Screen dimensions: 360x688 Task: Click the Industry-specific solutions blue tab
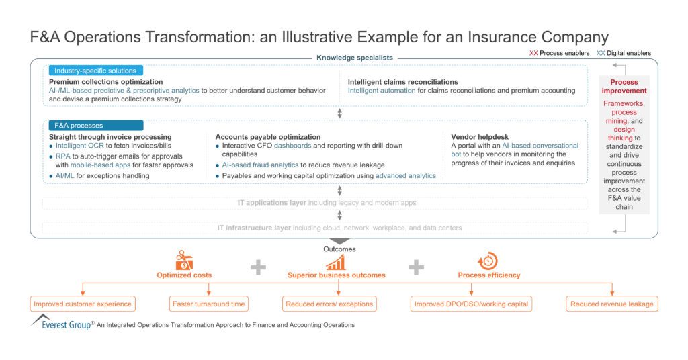pyautogui.click(x=95, y=71)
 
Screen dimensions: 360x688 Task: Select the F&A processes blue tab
pyautogui.click(x=95, y=125)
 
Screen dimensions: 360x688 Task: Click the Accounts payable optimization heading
pyautogui.click(x=267, y=137)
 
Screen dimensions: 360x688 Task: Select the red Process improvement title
pyautogui.click(x=624, y=87)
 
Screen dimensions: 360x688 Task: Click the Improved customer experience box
pyautogui.click(x=83, y=304)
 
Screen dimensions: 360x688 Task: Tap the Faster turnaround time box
pyautogui.click(x=210, y=304)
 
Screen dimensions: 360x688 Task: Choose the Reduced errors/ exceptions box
pyautogui.click(x=330, y=304)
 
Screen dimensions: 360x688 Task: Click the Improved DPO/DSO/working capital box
pyautogui.click(x=472, y=304)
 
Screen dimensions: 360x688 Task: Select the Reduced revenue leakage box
pyautogui.click(x=611, y=304)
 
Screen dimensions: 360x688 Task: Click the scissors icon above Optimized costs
pyautogui.click(x=184, y=260)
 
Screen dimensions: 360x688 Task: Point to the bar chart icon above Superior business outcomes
pyautogui.click(x=336, y=261)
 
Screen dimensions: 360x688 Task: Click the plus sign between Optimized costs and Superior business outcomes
pyautogui.click(x=259, y=268)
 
